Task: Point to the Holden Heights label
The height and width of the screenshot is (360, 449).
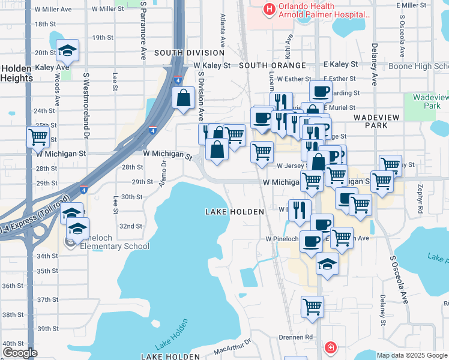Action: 16,73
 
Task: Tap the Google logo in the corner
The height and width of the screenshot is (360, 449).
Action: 20,353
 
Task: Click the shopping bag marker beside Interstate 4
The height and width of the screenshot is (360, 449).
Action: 182,98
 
